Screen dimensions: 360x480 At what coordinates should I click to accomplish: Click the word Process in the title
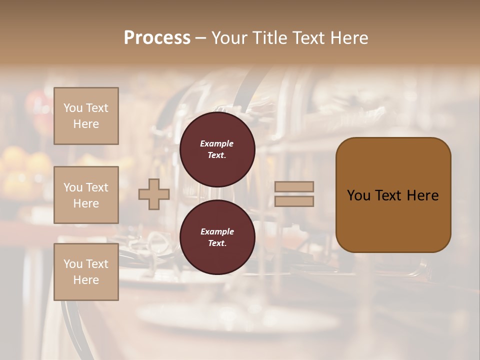click(157, 38)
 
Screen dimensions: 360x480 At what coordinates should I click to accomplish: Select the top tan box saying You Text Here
click(86, 116)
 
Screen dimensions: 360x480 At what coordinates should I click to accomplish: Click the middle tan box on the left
click(86, 195)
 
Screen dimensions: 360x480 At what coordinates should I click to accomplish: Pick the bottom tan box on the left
click(86, 272)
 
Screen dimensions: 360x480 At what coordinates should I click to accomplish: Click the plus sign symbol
click(154, 194)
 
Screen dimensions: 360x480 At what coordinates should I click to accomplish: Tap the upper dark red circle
click(217, 149)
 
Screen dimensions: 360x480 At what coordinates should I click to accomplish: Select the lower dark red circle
click(217, 237)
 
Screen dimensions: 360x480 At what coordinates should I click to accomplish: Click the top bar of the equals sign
click(294, 187)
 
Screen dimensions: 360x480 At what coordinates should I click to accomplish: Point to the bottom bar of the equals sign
click(294, 201)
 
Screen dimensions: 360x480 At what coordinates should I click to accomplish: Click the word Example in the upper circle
click(217, 143)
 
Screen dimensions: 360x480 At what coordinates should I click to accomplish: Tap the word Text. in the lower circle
click(217, 243)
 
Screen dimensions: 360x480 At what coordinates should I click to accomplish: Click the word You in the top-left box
click(73, 108)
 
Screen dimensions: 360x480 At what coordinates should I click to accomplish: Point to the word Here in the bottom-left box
click(86, 280)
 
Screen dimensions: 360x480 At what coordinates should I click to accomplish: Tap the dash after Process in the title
click(200, 38)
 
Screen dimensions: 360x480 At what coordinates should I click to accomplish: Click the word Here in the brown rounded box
click(422, 195)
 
